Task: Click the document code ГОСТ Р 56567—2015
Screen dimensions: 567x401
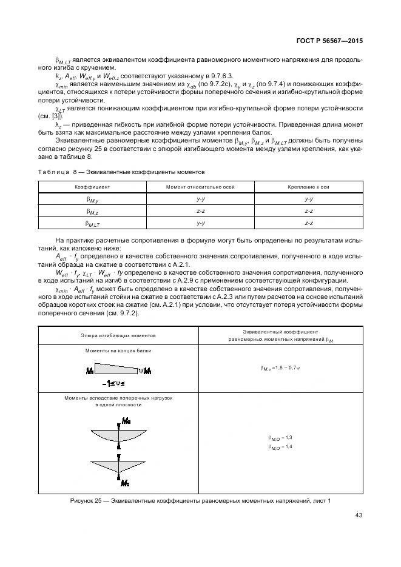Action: (330, 41)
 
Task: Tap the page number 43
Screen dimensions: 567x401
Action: (357, 515)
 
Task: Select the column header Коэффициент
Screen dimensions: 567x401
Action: (92, 187)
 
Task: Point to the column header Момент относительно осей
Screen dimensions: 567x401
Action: (201, 187)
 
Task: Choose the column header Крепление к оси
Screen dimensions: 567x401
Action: (308, 187)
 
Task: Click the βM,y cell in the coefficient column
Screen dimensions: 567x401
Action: (92, 199)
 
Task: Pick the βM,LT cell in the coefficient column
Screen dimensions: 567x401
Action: (92, 223)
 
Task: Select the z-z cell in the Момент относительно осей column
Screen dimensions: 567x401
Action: (201, 211)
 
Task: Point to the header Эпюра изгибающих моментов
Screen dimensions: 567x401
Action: (118, 335)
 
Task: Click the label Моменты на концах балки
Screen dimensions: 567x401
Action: (118, 351)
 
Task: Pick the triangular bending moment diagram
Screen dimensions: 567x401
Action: (118, 466)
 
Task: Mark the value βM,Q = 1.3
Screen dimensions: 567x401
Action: (280, 437)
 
